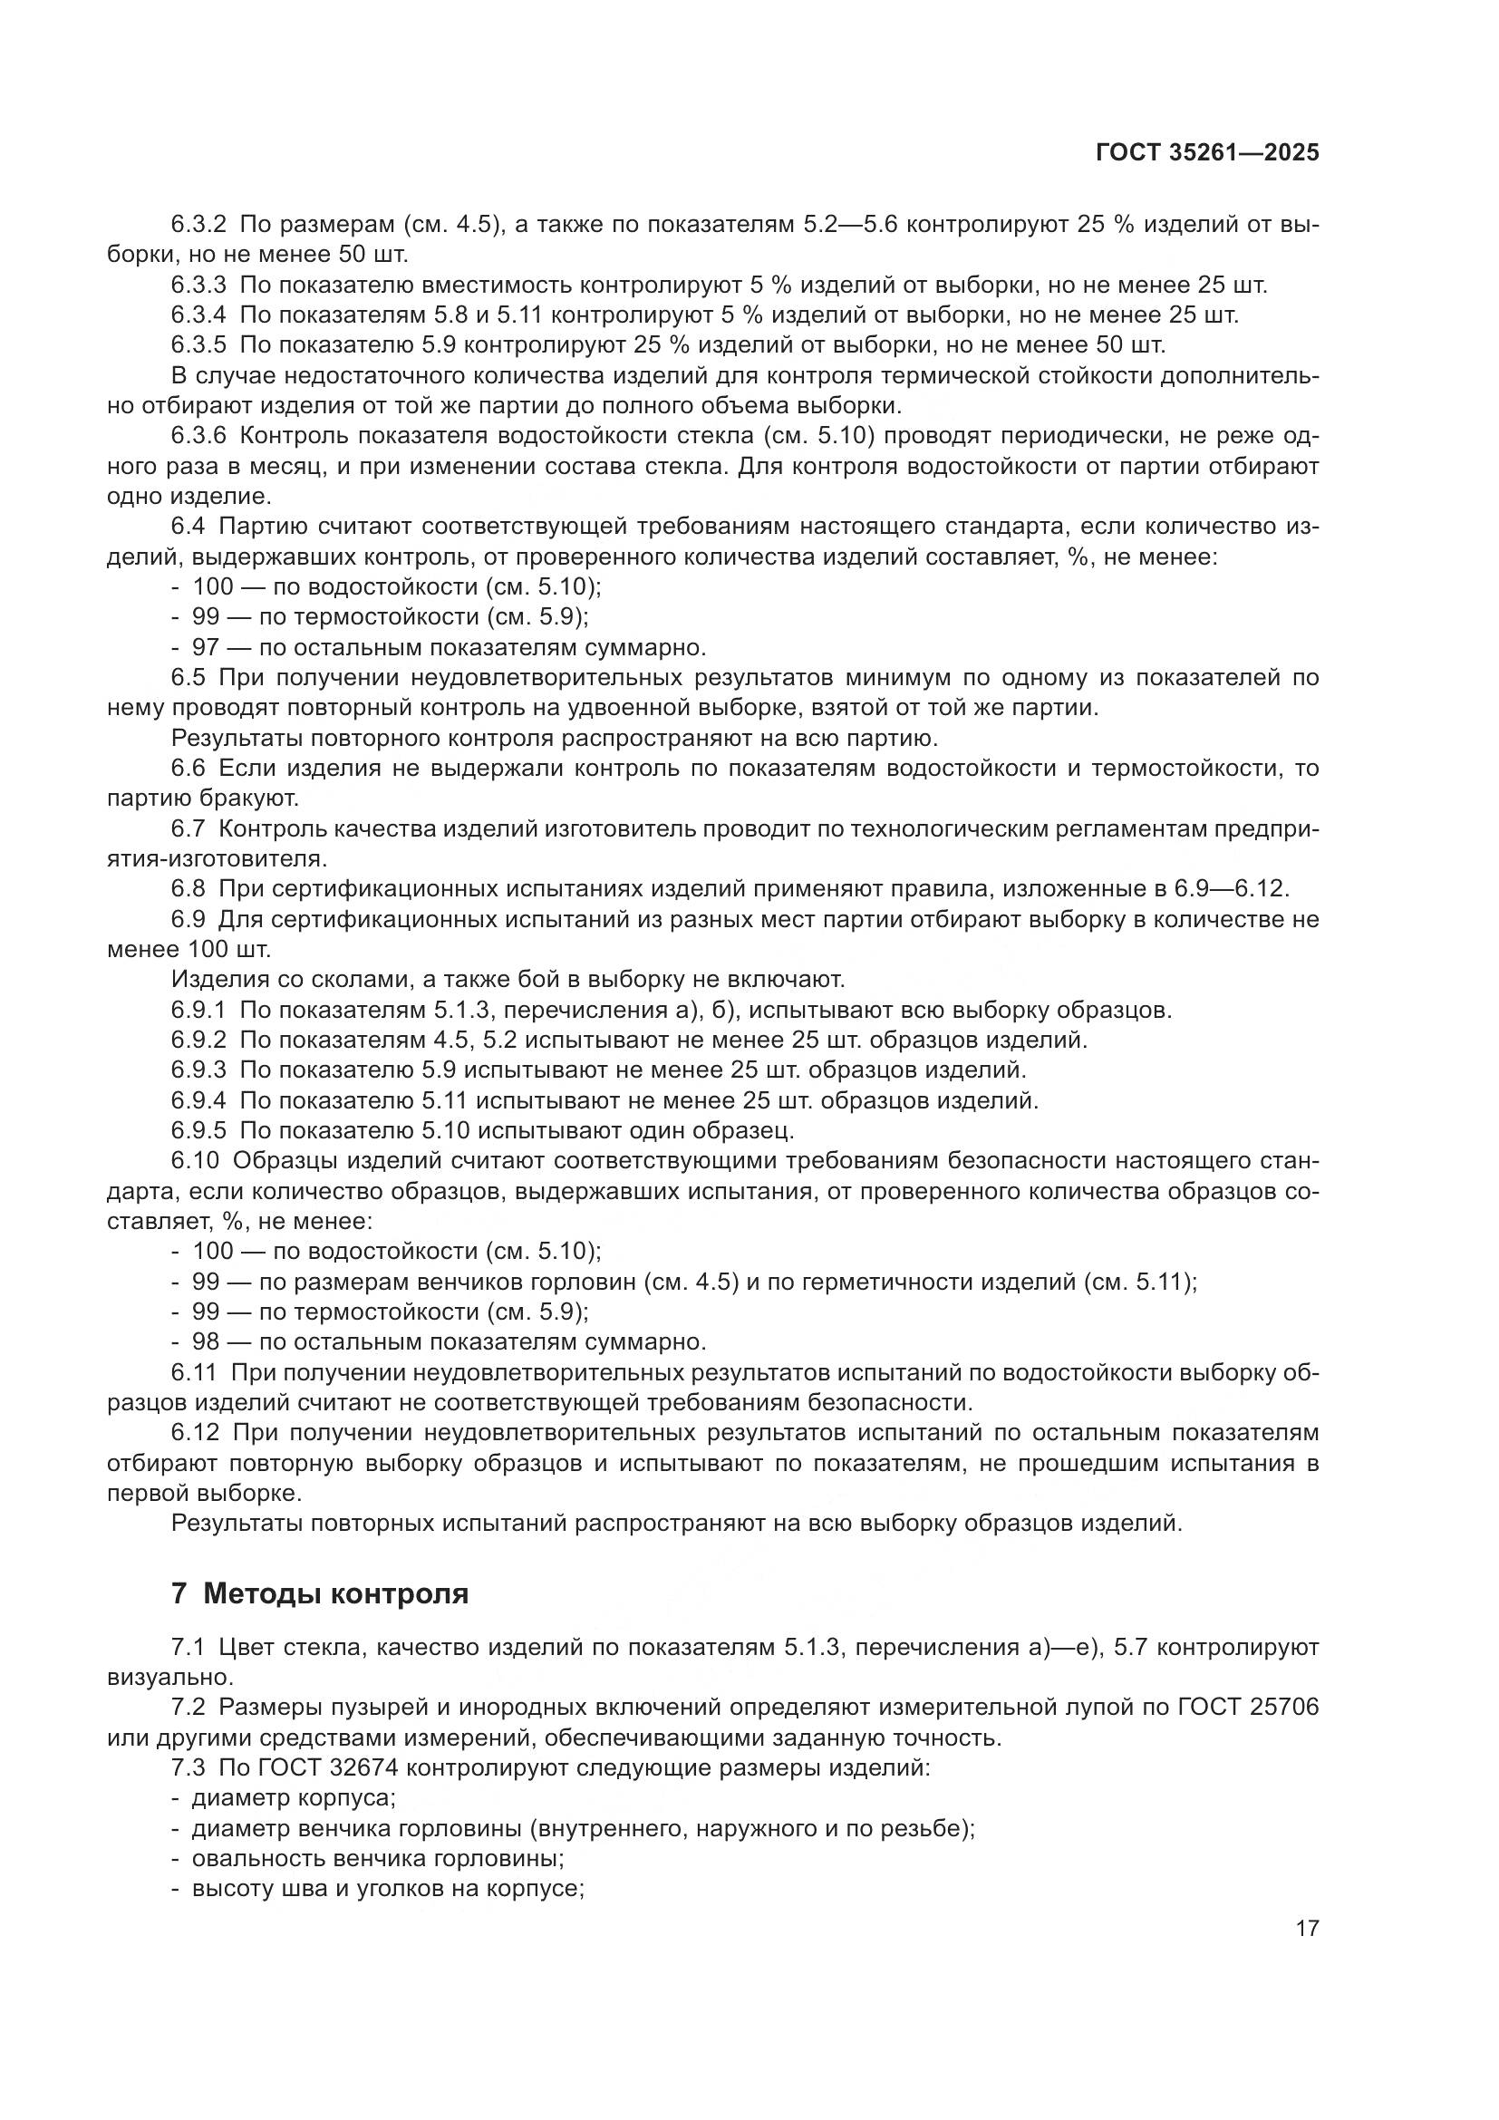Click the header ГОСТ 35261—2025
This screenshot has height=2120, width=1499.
click(x=1207, y=153)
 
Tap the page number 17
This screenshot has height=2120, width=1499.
click(x=1307, y=1929)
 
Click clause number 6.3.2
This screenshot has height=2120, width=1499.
click(x=198, y=225)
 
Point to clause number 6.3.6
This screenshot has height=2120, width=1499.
click(x=198, y=436)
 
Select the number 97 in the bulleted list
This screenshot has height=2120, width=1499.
click(x=205, y=647)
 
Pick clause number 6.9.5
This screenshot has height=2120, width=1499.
click(x=198, y=1130)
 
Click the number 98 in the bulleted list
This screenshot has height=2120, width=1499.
click(x=205, y=1341)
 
